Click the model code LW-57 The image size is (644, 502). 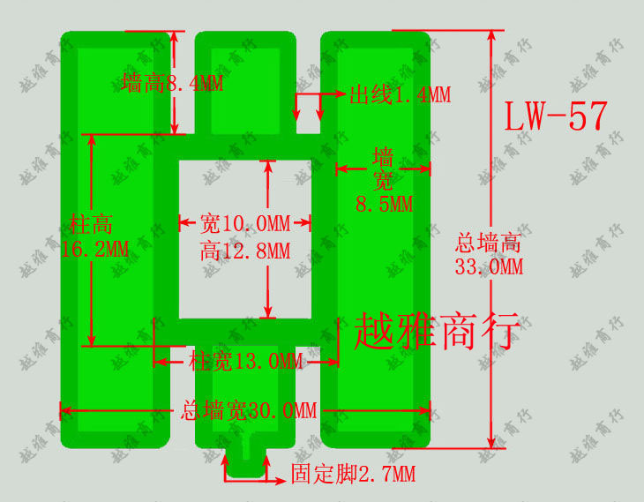556,116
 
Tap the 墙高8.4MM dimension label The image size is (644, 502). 172,85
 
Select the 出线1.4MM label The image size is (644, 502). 400,94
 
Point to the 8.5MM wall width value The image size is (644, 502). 384,204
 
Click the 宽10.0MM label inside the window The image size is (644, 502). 244,222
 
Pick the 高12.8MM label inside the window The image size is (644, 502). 244,251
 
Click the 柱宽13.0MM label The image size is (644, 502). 246,360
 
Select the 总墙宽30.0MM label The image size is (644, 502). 248,410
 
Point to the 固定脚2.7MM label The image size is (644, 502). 353,475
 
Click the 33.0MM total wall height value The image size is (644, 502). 489,266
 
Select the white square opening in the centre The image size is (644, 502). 245,238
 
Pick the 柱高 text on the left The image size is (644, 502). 91,225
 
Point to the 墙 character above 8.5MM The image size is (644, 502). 384,158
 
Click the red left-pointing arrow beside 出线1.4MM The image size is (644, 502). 336,94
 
